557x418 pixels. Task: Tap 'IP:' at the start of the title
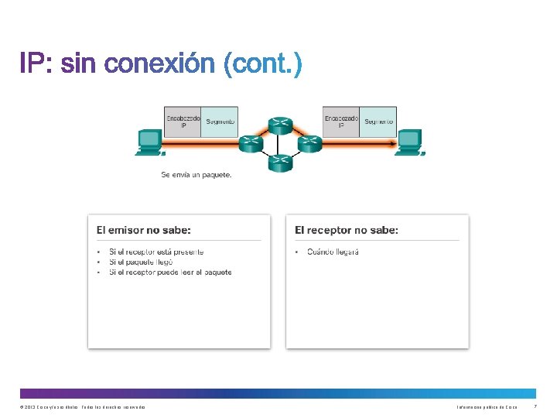pos(36,63)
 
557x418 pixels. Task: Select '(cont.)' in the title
pos(262,63)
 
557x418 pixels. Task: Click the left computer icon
pos(149,142)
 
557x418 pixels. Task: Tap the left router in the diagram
pos(251,143)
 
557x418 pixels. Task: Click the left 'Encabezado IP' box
pos(182,122)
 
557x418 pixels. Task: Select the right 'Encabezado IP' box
pos(341,122)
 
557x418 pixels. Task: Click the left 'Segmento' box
pos(219,122)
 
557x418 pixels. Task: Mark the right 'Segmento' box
pos(378,122)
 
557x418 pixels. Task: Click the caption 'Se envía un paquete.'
pos(196,175)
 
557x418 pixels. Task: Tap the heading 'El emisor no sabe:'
pos(143,230)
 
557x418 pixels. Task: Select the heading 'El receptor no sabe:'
pos(347,230)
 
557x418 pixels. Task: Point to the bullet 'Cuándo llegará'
pos(333,252)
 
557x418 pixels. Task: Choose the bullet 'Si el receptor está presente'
pos(156,252)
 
